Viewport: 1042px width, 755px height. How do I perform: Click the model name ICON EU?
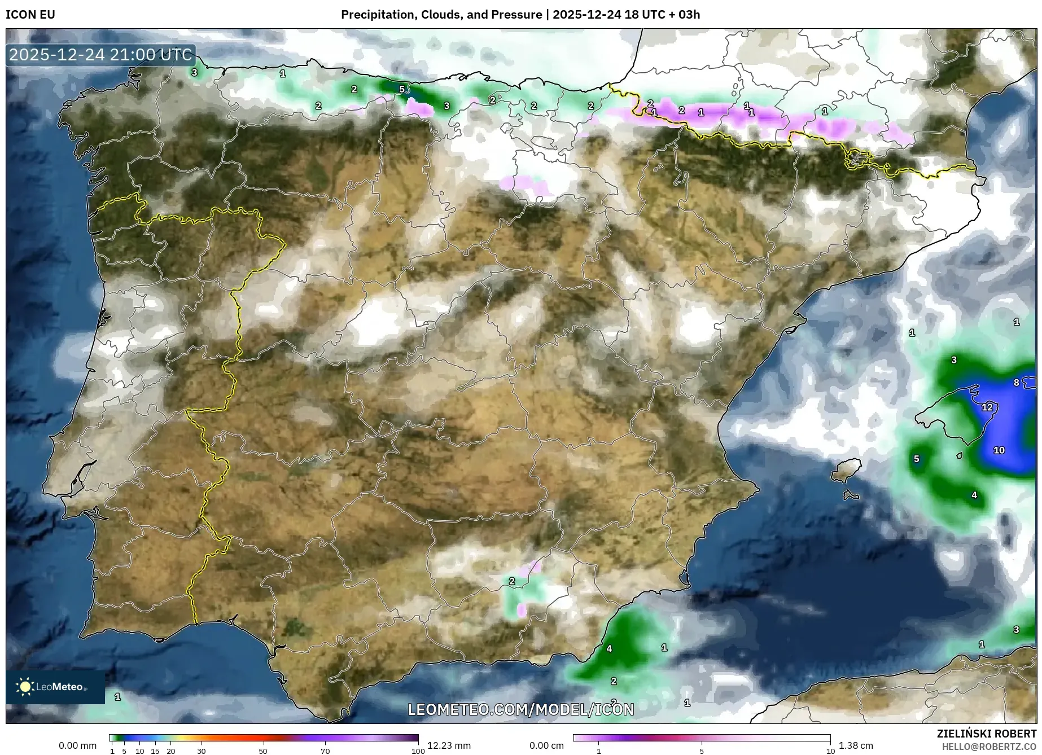click(30, 15)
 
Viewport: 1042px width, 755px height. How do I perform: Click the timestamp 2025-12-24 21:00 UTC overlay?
click(100, 55)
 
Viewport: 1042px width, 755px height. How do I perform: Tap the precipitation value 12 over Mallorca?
click(987, 407)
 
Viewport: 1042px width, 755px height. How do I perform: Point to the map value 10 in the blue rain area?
click(999, 450)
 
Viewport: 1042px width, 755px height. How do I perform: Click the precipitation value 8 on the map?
click(1016, 383)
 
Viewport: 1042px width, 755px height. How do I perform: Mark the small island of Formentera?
click(851, 495)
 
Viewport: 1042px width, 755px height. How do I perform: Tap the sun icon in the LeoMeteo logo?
click(25, 687)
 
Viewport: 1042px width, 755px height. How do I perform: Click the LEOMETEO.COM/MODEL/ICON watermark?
click(520, 709)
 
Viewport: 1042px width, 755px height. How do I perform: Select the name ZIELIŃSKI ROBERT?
click(986, 734)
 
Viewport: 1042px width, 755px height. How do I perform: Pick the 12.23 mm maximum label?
click(448, 745)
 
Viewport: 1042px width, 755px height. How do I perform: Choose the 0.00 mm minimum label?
click(78, 745)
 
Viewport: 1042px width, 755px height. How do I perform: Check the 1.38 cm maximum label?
click(855, 745)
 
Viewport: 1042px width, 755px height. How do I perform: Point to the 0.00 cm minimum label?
click(546, 745)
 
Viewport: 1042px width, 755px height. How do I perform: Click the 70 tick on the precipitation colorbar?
click(325, 751)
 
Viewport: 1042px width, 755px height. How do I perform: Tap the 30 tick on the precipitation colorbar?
click(202, 751)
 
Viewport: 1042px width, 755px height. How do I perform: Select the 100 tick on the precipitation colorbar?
click(418, 751)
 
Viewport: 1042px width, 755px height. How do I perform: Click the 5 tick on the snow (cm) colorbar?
click(702, 751)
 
